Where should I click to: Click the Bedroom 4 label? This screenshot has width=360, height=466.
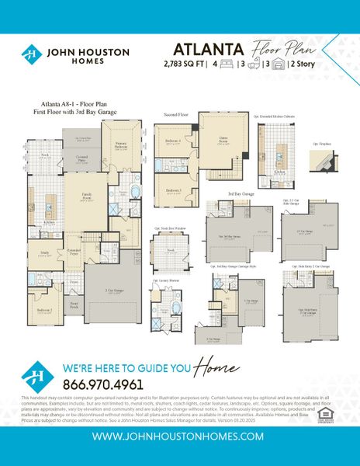tap(174, 141)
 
